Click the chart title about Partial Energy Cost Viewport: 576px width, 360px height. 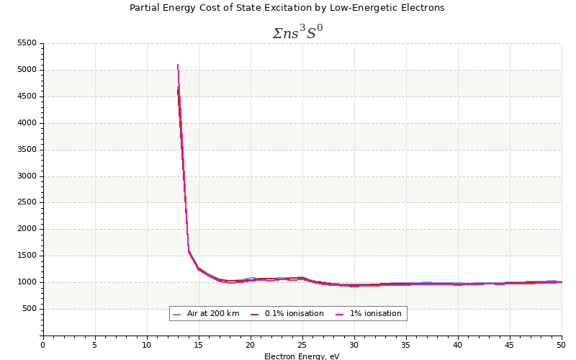coord(287,8)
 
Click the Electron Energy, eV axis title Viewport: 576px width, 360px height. coord(302,356)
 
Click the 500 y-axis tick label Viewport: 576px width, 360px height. coord(29,309)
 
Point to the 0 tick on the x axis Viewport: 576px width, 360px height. coord(43,344)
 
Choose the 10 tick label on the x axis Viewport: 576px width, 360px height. coord(147,344)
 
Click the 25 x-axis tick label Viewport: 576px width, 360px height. coord(302,344)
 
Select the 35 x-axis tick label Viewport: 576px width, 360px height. coord(406,344)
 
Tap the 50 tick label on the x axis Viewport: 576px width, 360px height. coord(561,344)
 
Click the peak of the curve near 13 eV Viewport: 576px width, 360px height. coord(178,66)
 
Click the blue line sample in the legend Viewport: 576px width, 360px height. coord(177,315)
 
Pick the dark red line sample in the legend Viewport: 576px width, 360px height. coord(254,315)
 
